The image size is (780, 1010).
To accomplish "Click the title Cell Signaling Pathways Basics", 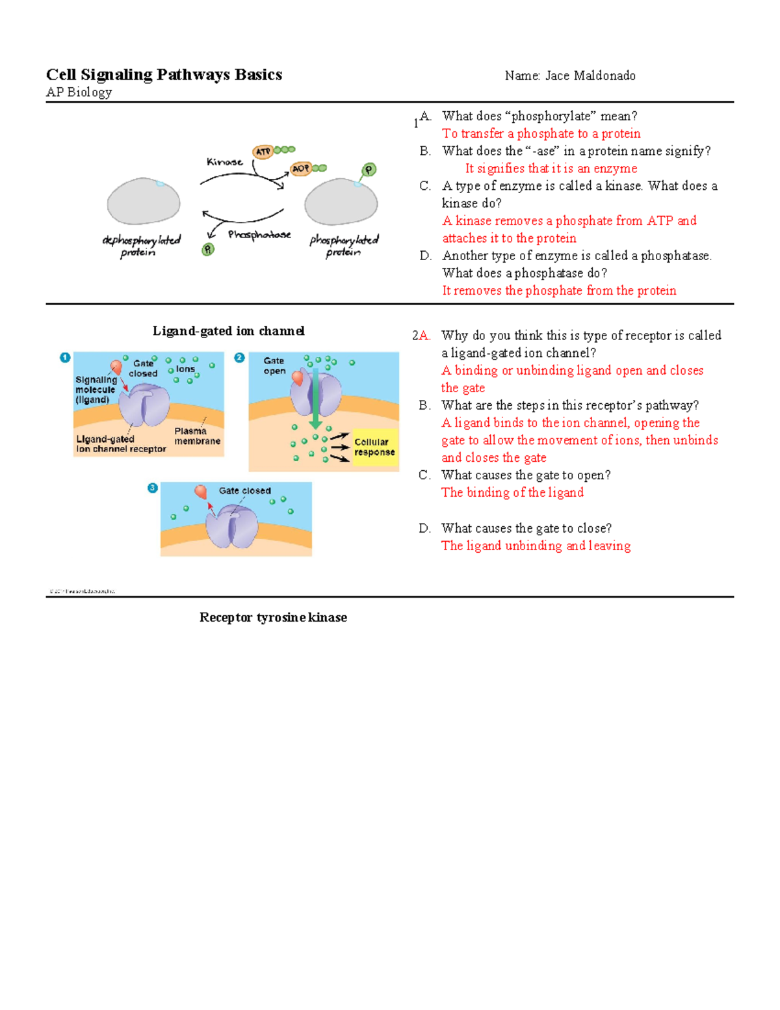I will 164,75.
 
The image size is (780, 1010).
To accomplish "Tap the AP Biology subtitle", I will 79,92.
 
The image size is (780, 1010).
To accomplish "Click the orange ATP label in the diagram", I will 263,152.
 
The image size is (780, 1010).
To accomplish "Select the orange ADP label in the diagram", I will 300,168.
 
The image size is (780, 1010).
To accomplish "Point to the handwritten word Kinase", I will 224,162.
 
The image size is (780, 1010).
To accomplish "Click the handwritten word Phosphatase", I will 259,234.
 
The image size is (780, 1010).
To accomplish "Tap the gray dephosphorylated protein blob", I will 144,202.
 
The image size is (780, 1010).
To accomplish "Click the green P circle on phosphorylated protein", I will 369,170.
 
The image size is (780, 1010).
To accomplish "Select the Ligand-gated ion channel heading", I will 228,331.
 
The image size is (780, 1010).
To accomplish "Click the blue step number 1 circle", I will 65,358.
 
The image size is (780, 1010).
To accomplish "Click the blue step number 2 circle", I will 239,358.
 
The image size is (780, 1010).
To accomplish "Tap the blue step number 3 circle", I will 153,488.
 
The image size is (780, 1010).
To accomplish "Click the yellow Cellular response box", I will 374,447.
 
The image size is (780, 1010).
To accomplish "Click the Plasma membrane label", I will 197,436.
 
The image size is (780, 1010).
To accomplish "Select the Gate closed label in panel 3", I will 244,491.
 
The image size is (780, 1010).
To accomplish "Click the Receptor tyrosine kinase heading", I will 273,617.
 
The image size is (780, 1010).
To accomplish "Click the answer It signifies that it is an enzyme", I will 551,168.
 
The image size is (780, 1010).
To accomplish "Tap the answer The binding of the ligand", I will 512,492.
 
